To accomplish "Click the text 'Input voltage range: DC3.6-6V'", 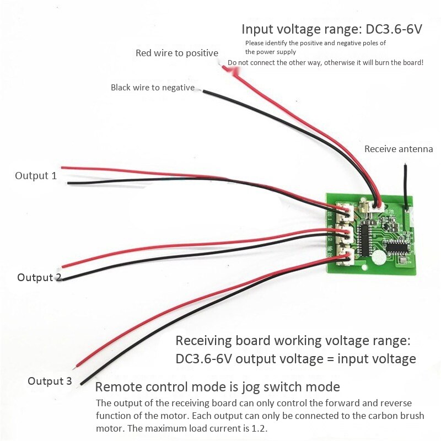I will (x=332, y=29).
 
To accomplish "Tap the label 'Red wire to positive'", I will (x=177, y=53).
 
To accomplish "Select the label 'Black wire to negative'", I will (x=153, y=87).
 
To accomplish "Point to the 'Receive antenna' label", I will (x=399, y=149).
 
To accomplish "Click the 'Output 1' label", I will (x=36, y=176).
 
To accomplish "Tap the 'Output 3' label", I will (x=50, y=381).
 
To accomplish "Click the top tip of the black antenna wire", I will (x=405, y=164).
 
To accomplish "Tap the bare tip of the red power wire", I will (x=224, y=67).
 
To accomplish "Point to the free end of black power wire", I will (x=204, y=90).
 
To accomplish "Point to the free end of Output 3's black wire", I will (x=82, y=384).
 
